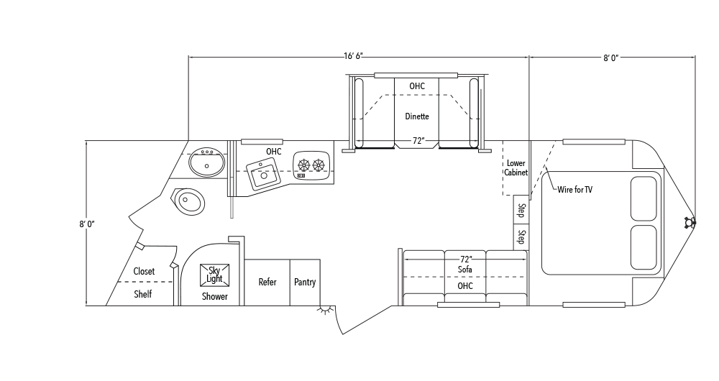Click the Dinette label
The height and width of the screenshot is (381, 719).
point(417,116)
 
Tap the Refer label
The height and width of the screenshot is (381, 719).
point(267,282)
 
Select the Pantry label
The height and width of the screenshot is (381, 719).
point(305,282)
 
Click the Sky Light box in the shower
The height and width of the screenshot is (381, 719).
point(214,275)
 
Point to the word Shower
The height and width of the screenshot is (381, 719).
point(214,297)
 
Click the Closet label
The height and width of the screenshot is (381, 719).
point(144,272)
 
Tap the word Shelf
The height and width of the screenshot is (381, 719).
point(142,294)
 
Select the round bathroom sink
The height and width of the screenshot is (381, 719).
point(207,162)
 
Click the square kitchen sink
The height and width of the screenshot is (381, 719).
point(263,175)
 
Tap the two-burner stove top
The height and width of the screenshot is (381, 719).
point(311,165)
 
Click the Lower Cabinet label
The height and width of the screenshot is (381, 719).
point(516,167)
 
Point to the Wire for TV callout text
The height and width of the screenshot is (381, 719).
point(575,189)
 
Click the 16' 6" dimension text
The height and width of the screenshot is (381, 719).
point(354,56)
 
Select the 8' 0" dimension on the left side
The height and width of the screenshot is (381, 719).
point(87,224)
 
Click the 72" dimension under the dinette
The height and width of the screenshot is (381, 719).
point(418,141)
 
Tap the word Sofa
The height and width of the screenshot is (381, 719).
point(465,270)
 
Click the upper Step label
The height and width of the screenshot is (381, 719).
point(521,211)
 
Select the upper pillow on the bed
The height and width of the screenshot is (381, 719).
point(644,198)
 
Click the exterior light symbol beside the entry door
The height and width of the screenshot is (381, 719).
point(325,311)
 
